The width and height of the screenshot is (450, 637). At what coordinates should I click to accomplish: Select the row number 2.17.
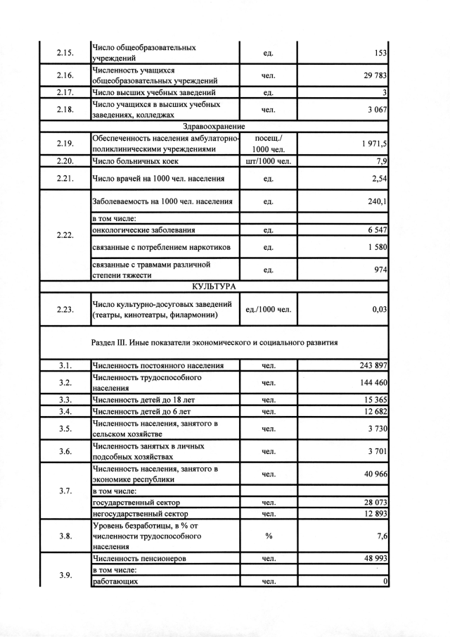tap(65, 92)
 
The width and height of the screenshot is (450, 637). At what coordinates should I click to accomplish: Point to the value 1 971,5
tap(373, 144)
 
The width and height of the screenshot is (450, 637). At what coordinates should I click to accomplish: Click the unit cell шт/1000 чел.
tap(268, 161)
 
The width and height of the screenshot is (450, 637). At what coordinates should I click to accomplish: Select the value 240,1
tap(378, 202)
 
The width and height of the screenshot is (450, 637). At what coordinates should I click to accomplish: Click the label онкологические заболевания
tap(144, 230)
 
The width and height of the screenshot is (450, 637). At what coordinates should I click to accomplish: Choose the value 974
tap(380, 270)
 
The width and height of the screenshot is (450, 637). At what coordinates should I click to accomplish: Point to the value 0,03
tap(379, 309)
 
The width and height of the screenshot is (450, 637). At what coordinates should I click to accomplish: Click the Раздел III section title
tap(215, 343)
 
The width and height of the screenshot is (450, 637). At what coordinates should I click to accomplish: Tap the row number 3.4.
tap(65, 411)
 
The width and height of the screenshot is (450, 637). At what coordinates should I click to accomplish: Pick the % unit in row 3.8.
tap(268, 536)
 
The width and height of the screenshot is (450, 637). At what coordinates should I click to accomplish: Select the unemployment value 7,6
tap(382, 536)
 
